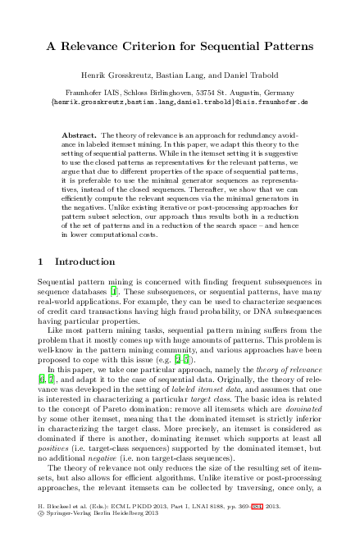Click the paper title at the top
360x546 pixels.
click(180, 48)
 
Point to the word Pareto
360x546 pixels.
click(119, 393)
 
